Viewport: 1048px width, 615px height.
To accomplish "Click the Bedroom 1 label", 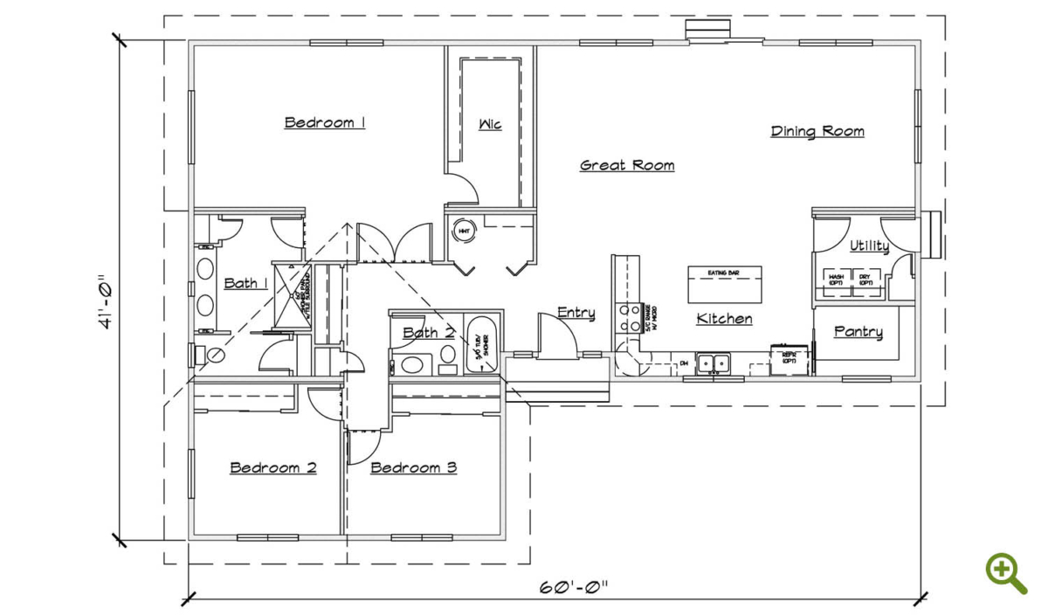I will [325, 122].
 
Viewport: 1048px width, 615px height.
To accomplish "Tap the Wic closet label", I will [490, 124].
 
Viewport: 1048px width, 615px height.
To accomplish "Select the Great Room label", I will [627, 165].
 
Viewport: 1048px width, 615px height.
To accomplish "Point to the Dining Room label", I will [817, 131].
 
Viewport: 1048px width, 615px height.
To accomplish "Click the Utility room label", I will [869, 246].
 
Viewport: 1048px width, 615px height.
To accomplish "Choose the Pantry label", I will [858, 332].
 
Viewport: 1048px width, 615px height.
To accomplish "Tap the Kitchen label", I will [724, 319].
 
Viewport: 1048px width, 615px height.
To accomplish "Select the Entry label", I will [576, 313].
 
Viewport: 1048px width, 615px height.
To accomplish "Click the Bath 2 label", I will [429, 333].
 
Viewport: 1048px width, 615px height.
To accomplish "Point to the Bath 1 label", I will [245, 283].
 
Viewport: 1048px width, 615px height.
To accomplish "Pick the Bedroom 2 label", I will [273, 467].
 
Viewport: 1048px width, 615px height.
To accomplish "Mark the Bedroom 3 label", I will [414, 467].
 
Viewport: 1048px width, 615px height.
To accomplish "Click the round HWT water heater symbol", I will [463, 231].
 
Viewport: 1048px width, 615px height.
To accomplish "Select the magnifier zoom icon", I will [1005, 573].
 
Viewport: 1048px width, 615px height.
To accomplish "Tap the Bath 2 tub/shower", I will [481, 346].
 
